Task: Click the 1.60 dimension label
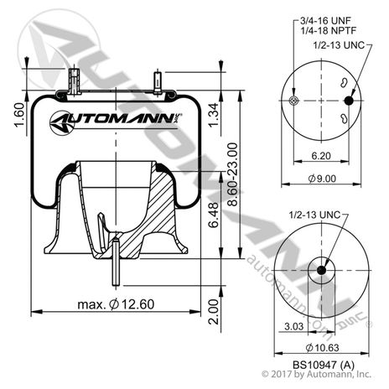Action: tap(19, 115)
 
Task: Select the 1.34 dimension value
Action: tap(214, 115)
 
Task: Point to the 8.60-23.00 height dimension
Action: tap(233, 174)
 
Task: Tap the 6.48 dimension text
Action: tap(214, 215)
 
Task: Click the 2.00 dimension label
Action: tap(214, 311)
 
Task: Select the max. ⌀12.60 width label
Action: tap(116, 304)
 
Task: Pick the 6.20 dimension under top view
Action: tap(321, 155)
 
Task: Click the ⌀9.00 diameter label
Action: tap(322, 179)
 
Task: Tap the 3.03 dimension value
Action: tap(294, 326)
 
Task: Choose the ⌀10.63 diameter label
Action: tap(322, 348)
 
